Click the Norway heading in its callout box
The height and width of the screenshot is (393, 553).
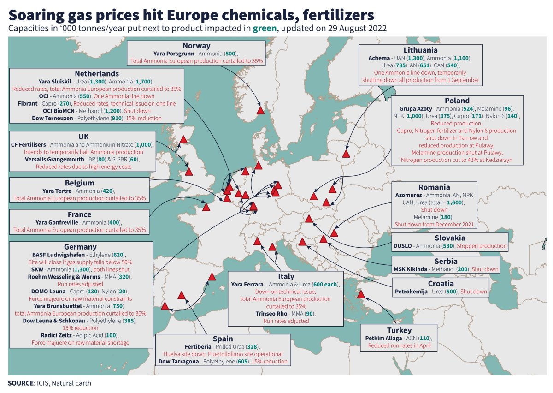196,46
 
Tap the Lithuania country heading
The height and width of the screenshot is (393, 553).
420,50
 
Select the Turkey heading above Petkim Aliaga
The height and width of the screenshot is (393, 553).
399,330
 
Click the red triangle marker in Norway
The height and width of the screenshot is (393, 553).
260,111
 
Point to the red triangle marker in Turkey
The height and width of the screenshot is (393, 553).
361,294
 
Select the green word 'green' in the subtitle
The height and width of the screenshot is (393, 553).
265,28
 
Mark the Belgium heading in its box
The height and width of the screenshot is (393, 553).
79,183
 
